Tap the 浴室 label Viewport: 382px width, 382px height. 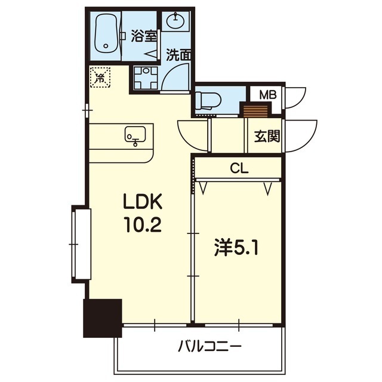143,36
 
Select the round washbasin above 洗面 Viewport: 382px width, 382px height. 175,21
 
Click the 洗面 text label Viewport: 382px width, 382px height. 178,55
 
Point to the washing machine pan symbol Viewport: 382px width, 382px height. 146,78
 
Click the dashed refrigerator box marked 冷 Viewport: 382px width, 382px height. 100,77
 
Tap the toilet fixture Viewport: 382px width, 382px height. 208,101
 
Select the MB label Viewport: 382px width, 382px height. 268,95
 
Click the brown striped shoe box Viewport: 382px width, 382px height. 255,111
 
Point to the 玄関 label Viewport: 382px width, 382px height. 267,136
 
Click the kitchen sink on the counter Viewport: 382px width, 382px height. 135,135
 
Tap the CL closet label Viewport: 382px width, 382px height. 239,168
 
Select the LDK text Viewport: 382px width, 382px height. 143,202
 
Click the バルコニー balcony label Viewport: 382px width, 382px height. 210,347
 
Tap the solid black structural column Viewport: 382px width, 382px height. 102,318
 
